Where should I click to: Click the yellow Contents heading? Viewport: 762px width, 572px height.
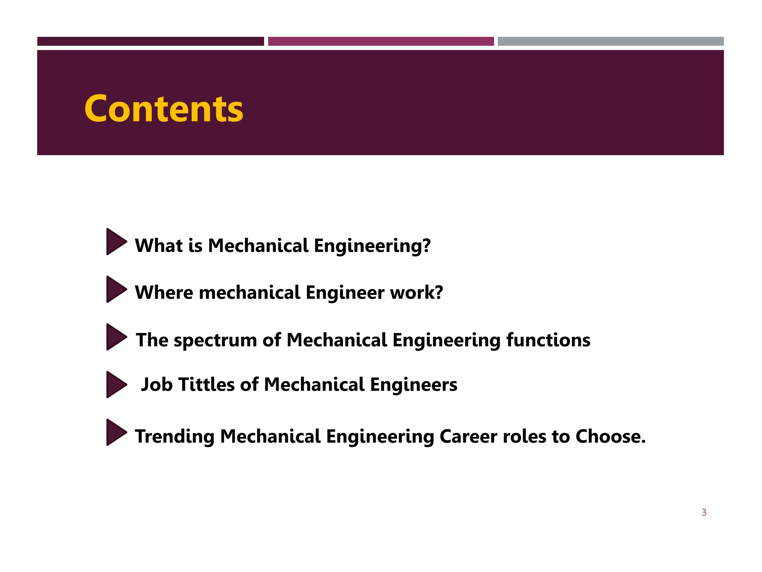[164, 109]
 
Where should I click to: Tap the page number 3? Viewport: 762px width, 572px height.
[704, 512]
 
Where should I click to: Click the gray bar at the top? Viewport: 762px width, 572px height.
[611, 41]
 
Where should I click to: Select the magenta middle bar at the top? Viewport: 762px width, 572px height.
[381, 41]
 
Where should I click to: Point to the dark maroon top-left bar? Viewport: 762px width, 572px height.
[150, 41]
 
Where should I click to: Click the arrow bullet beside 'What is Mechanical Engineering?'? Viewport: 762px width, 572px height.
[115, 242]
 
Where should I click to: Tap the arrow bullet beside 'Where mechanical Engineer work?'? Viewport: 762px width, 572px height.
[115, 289]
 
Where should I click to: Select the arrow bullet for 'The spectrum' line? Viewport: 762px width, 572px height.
[115, 337]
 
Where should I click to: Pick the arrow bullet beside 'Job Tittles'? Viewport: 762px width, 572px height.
[115, 385]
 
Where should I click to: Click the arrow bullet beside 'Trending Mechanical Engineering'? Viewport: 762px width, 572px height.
[115, 432]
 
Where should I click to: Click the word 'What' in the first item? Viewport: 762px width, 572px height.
[159, 246]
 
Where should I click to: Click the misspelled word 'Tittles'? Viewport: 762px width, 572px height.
[206, 385]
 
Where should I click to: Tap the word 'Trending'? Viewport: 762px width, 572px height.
[175, 437]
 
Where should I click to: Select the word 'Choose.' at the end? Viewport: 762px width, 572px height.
[610, 437]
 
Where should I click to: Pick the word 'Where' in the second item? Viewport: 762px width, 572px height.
[164, 293]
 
